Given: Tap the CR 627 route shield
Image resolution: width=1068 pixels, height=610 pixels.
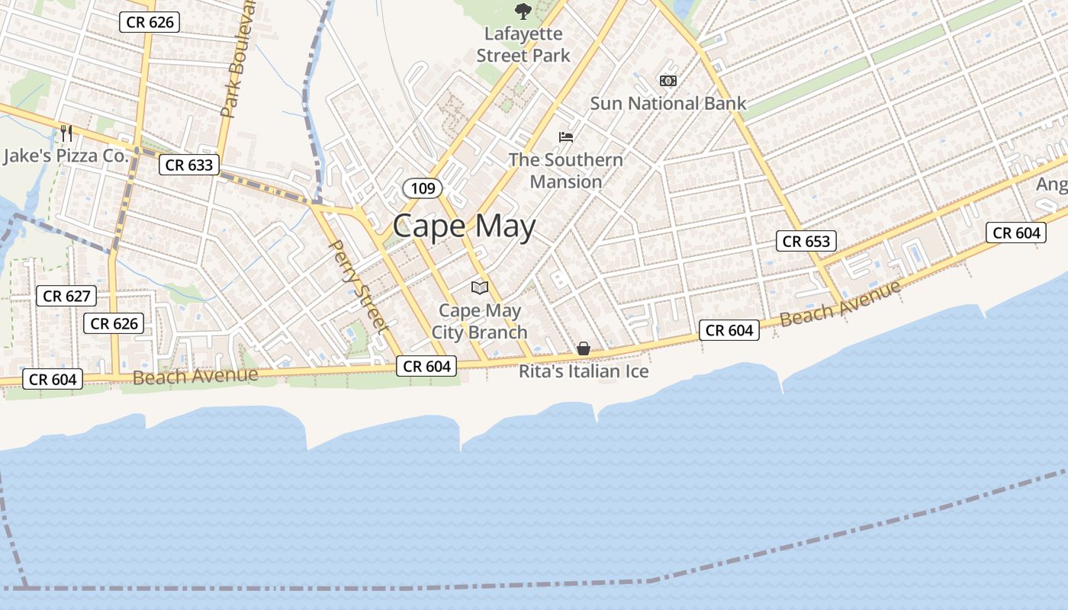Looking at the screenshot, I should pos(66,296).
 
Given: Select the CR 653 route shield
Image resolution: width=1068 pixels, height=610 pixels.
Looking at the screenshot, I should pos(806,241).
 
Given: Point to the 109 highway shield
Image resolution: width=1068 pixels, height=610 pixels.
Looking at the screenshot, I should pos(423,188).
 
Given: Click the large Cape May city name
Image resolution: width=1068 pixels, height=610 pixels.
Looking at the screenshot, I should pos(464,226).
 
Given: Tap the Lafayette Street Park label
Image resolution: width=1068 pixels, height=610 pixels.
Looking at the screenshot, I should pos(523,45).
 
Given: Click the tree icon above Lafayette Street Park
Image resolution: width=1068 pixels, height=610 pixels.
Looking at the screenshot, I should pos(523,11).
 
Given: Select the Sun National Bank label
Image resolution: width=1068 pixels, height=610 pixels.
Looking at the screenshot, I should pos(667,103).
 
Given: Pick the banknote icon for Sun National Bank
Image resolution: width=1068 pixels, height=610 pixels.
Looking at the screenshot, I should pos(667,80).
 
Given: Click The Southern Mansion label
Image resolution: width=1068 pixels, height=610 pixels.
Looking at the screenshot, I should pos(565,171).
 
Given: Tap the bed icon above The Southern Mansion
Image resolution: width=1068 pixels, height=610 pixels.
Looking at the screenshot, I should pos(565,137).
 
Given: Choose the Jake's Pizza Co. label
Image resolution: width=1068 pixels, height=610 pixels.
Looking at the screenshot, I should pos(65,156).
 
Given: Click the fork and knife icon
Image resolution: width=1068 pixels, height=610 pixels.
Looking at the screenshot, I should pos(66,133).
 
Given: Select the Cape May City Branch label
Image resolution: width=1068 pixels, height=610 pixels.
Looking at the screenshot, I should pos(480,321).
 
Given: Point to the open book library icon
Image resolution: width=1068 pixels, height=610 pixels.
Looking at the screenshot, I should pos(479,287).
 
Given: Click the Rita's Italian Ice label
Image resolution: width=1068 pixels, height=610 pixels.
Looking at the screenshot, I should pos(584,371).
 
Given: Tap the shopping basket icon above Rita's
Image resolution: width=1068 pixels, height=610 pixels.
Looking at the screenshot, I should pos(584,348).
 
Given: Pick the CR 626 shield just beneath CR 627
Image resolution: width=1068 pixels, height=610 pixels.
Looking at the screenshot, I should pos(114,323).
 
